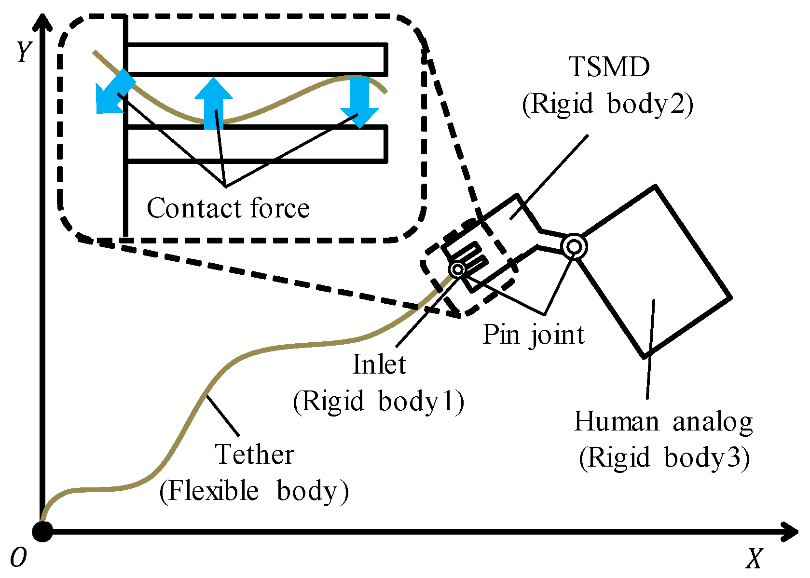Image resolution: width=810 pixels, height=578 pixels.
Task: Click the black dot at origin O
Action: tap(42, 532)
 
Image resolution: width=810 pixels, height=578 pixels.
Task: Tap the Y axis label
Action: tap(25, 52)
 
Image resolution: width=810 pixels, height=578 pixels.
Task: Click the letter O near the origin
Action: tap(18, 558)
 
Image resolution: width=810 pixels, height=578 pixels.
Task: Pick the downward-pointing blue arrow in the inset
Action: tap(359, 102)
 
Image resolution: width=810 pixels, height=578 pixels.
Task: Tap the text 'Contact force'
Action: tap(228, 208)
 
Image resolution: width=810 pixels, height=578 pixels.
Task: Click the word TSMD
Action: tap(609, 67)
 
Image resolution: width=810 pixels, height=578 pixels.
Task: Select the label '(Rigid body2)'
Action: tap(608, 104)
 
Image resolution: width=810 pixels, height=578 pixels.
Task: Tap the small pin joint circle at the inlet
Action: tap(457, 269)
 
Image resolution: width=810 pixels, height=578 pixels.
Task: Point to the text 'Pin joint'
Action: tap(534, 334)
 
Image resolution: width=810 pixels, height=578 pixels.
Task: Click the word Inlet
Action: tap(379, 364)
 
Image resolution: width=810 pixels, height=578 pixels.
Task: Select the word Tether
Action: tap(255, 454)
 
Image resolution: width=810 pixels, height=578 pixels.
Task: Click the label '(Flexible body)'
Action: tap(254, 491)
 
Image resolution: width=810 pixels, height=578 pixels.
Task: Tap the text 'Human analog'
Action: tap(663, 422)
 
